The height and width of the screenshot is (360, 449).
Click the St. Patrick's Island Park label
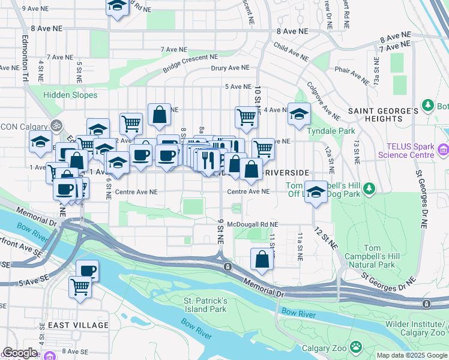[205, 305]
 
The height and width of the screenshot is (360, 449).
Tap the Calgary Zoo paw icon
[356, 346]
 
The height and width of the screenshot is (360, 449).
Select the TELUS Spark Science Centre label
[406, 151]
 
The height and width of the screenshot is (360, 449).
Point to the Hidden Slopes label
[70, 95]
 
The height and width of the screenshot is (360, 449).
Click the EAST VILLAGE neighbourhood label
[79, 325]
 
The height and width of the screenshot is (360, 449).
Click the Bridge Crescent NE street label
[189, 64]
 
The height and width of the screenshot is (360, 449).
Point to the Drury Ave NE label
[230, 68]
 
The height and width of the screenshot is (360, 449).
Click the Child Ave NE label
[291, 52]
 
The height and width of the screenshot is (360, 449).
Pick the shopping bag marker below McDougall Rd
[262, 259]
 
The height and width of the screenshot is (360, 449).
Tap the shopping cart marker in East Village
[80, 286]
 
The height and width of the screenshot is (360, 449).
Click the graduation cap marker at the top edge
[117, 6]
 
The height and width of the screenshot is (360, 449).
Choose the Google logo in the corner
[20, 353]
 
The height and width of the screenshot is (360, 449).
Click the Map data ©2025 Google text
[412, 355]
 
